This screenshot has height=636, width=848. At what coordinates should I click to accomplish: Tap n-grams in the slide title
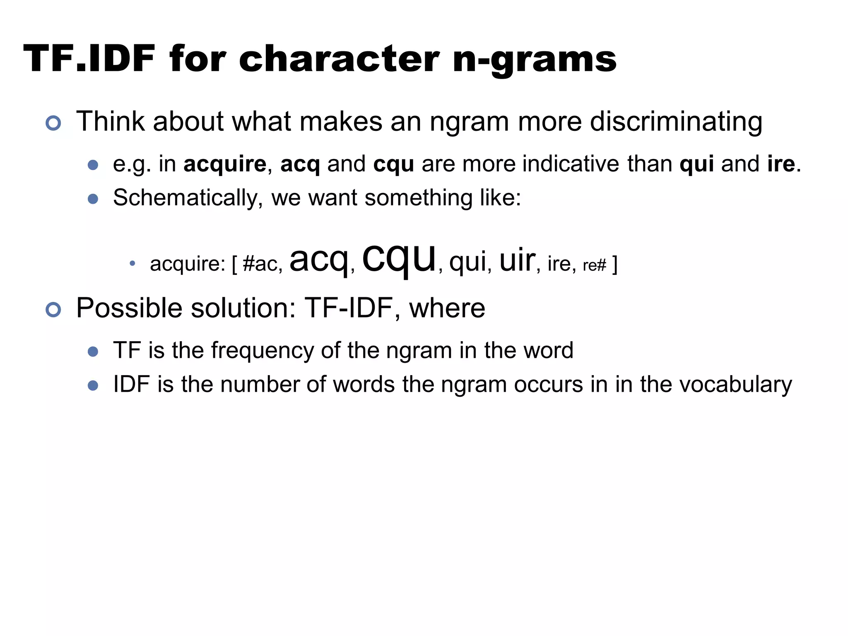[x=535, y=60]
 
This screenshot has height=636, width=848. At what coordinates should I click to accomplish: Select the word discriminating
[x=676, y=122]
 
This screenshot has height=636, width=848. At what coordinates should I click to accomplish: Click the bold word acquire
[x=225, y=164]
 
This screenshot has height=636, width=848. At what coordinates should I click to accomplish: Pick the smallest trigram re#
[x=594, y=265]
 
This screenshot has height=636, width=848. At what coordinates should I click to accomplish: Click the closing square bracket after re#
[x=614, y=264]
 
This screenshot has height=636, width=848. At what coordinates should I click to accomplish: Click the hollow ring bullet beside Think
[x=53, y=123]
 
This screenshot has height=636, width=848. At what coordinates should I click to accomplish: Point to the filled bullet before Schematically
[x=93, y=199]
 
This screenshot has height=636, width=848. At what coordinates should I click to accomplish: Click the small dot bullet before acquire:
[x=132, y=263]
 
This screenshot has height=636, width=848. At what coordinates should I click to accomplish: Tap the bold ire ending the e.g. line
[x=781, y=164]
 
